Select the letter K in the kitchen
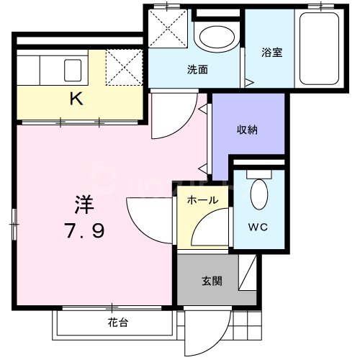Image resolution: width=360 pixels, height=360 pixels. coord(76,99)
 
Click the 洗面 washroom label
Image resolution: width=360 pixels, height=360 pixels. coord(197,71)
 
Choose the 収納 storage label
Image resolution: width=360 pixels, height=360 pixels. coord(248,130)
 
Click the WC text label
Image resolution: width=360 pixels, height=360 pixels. coord(258,228)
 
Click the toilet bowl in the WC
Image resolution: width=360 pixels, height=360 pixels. coord(259,194)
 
